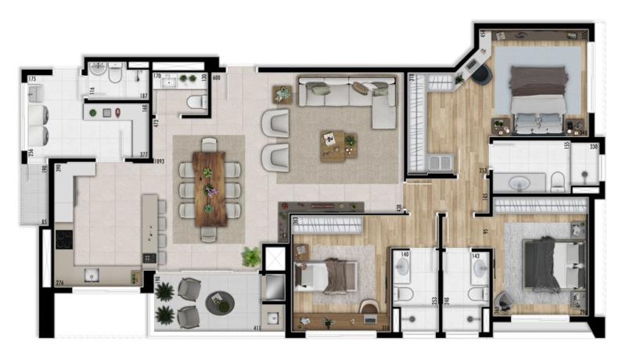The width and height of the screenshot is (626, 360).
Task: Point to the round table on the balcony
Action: pos(219,301)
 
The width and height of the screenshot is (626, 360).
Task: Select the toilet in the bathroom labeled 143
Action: pos(477,294)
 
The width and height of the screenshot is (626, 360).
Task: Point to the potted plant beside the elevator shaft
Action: pos(251,256)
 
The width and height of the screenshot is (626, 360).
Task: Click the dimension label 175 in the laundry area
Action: pos(33,80)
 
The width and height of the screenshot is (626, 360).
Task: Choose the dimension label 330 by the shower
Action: pos(593,146)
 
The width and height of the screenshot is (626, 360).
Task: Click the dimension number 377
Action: pos(143,156)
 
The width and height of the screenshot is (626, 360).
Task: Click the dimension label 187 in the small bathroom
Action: pos(144,96)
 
